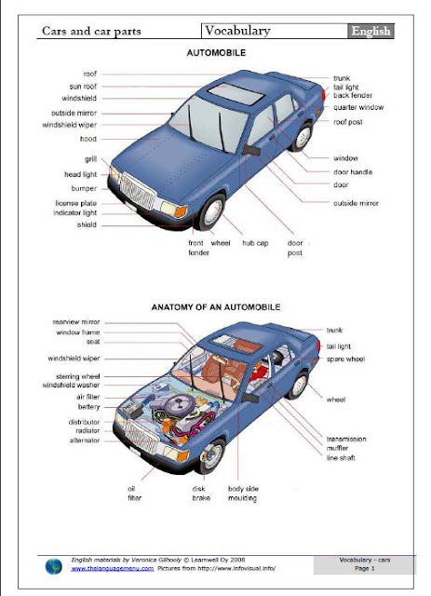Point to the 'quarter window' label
(x=358, y=107)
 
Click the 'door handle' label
(x=353, y=171)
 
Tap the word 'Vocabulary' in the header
(x=237, y=31)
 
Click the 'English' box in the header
(x=370, y=31)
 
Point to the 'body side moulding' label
(x=243, y=494)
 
